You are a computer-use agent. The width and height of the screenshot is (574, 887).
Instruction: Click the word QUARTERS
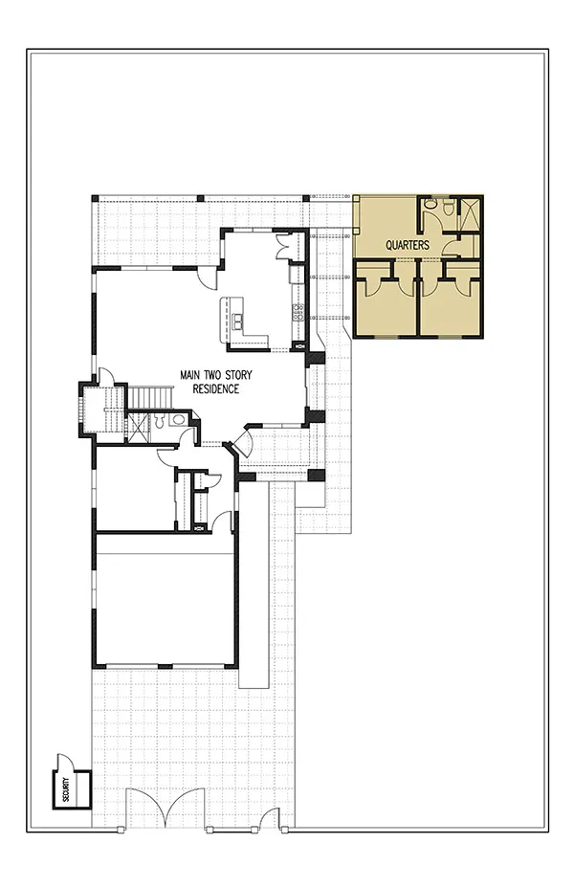pyautogui.click(x=408, y=246)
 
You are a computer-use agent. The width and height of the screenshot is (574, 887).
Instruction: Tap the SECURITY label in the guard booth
pyautogui.click(x=66, y=788)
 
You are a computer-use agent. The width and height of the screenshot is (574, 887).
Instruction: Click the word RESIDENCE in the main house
pyautogui.click(x=215, y=389)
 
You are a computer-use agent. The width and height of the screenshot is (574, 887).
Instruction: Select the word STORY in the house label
pyautogui.click(x=238, y=375)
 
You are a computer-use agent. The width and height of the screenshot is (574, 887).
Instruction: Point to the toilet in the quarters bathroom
pyautogui.click(x=449, y=208)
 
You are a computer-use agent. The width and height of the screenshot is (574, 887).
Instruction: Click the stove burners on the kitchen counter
pyautogui.click(x=298, y=312)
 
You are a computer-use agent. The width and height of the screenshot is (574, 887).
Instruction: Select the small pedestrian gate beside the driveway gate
pyautogui.click(x=271, y=817)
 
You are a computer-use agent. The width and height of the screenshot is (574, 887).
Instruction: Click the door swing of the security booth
pyautogui.click(x=63, y=762)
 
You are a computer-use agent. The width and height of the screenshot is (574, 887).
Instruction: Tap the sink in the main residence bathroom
pyautogui.click(x=179, y=419)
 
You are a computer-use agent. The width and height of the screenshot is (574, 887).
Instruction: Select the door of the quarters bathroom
pyautogui.click(x=451, y=244)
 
